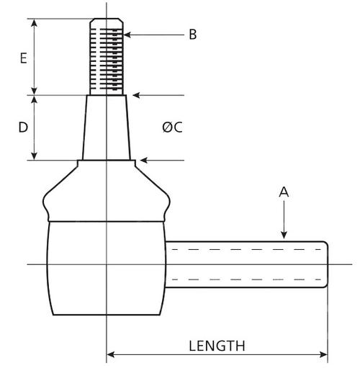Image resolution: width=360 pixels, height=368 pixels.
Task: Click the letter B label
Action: [x=193, y=35]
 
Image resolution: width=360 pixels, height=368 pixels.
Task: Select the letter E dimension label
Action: [x=24, y=58]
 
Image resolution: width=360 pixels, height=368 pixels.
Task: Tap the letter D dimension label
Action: [x=23, y=127]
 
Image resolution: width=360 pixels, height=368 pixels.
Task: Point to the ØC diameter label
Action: [x=172, y=127]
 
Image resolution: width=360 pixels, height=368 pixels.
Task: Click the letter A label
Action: [x=284, y=192]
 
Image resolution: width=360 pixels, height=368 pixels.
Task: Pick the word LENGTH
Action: [x=217, y=346]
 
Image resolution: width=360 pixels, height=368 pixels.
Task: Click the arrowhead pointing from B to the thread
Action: [x=127, y=35]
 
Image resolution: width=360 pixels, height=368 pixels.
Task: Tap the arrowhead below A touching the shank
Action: [x=284, y=235]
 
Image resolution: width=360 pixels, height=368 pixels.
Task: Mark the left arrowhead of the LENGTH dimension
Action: [x=110, y=354]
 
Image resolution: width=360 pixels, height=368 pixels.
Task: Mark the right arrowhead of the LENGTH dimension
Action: [x=323, y=354]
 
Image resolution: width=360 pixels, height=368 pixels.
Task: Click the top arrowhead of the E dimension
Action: [x=35, y=23]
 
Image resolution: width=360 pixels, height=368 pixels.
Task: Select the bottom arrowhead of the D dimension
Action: [x=35, y=156]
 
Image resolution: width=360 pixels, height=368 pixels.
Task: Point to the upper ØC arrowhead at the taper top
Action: [x=136, y=95]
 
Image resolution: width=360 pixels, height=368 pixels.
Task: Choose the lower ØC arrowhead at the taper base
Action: [x=144, y=160]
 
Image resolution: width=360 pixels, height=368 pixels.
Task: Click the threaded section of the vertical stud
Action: [x=107, y=60]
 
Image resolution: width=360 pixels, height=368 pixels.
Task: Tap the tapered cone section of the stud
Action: [x=107, y=127]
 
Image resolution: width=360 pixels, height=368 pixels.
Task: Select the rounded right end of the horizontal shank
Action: [x=325, y=264]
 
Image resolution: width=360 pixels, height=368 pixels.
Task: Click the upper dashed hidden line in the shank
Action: [x=246, y=250]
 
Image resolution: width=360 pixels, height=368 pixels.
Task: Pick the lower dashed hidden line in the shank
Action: [x=246, y=279]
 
